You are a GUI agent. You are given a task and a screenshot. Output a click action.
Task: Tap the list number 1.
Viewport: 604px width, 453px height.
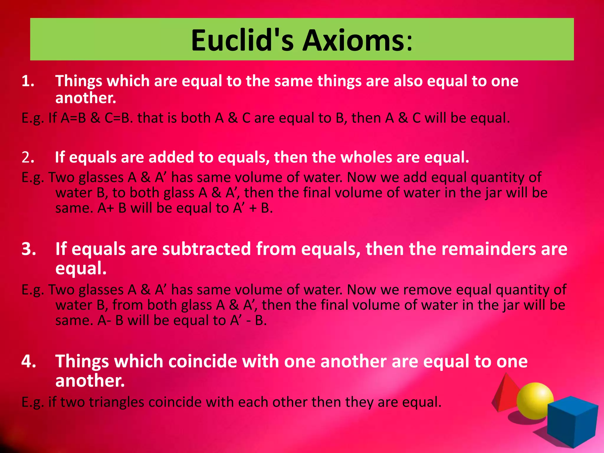[x=28, y=81]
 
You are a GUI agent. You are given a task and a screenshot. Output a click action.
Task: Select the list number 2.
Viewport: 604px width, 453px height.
[x=28, y=157]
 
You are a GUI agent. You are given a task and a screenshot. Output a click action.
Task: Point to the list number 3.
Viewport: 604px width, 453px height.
[x=29, y=249]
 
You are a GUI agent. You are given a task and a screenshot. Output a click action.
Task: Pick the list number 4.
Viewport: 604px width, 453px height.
[x=29, y=361]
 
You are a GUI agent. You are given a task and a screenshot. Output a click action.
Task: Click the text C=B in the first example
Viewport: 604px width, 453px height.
[x=118, y=118]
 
